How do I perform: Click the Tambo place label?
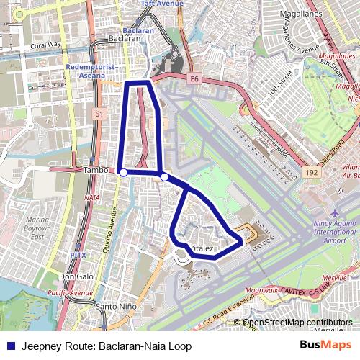pyautogui.click(x=95, y=170)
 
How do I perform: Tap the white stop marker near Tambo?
pyautogui.click(x=123, y=172)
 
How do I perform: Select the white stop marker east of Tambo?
pyautogui.click(x=164, y=176)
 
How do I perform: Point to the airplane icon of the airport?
pyautogui.click(x=336, y=214)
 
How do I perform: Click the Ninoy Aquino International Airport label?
pyautogui.click(x=335, y=233)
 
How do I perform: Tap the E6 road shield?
pyautogui.click(x=194, y=78)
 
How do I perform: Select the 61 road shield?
pyautogui.click(x=99, y=114)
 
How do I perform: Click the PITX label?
pyautogui.click(x=78, y=255)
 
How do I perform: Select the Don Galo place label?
pyautogui.click(x=76, y=277)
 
